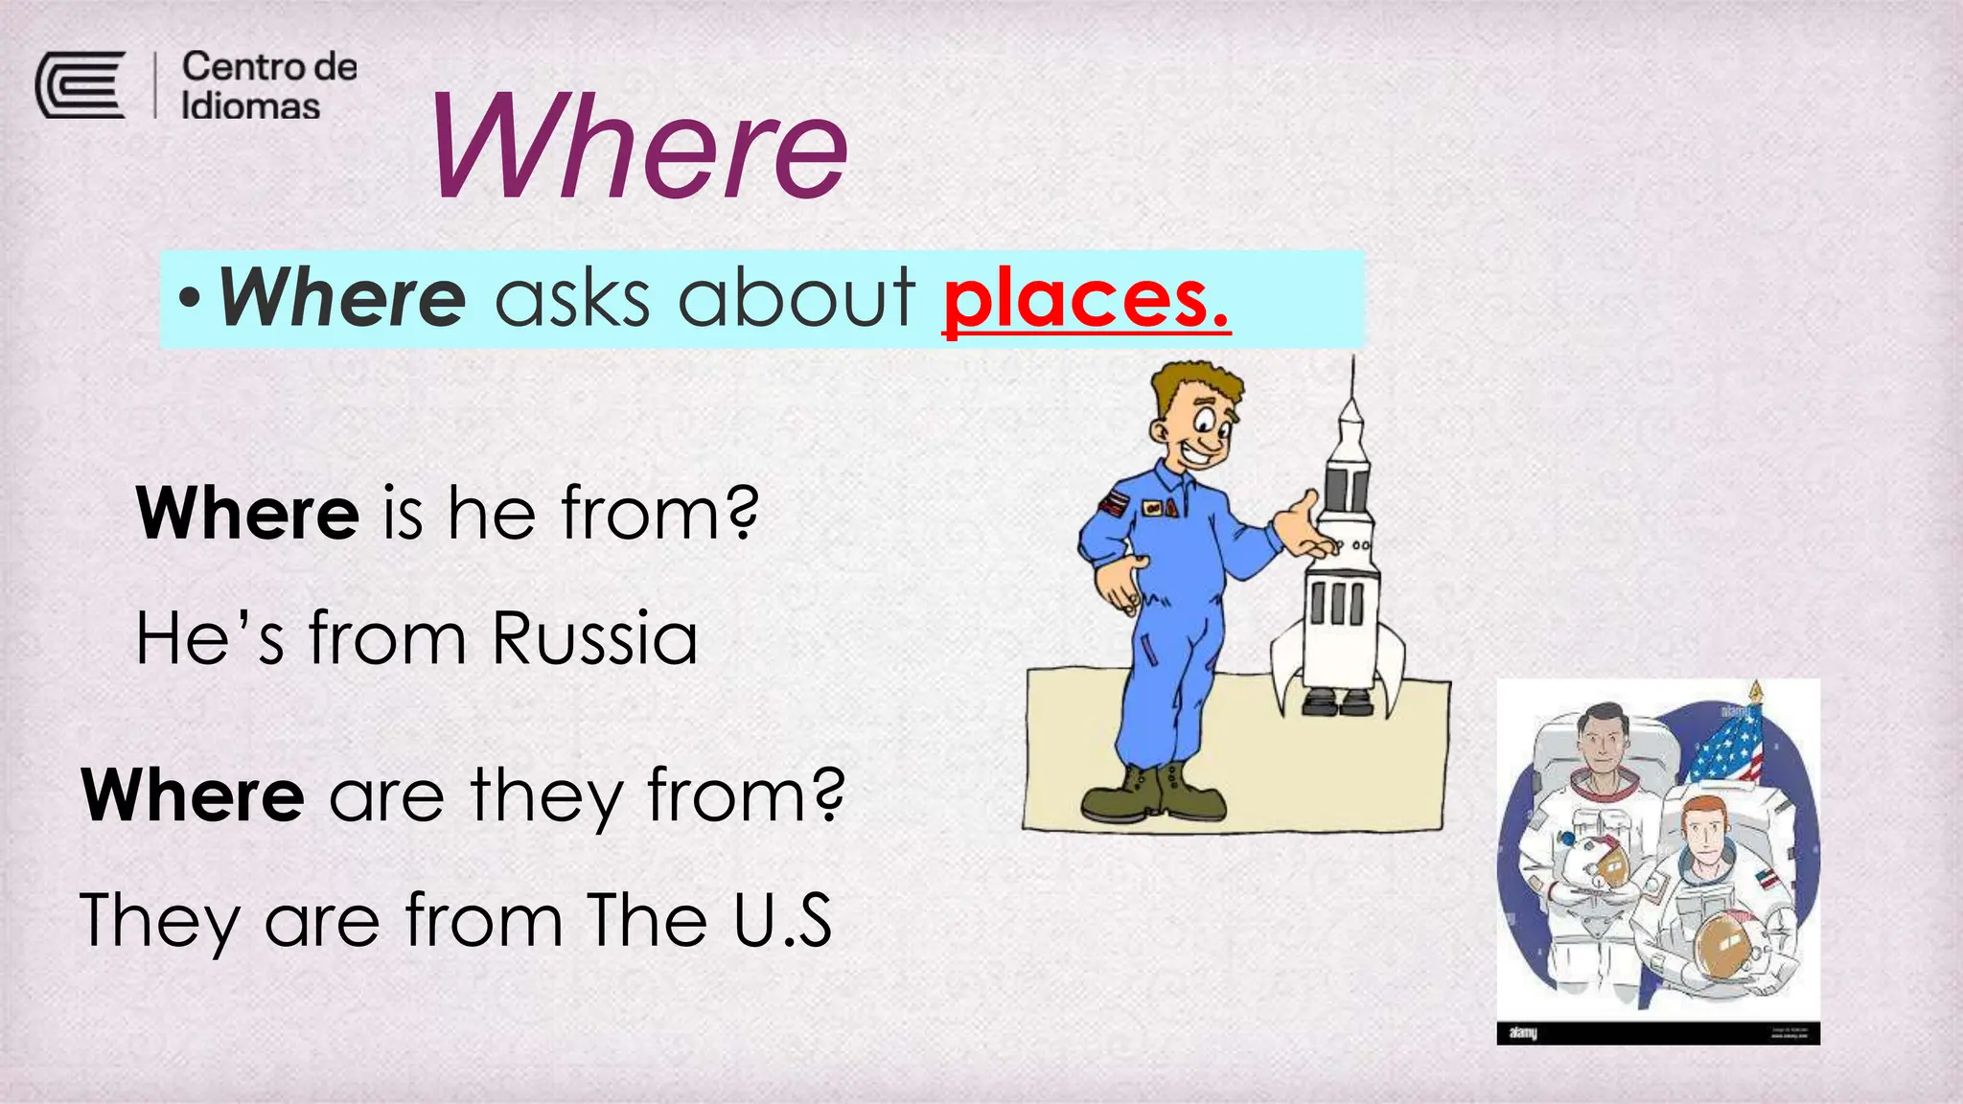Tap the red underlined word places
click(x=1085, y=300)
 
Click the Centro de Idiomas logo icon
click(x=81, y=85)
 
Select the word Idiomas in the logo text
click(x=250, y=106)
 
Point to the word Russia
click(x=594, y=638)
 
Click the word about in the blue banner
click(x=797, y=298)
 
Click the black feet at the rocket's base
click(x=1338, y=704)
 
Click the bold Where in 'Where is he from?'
click(x=247, y=514)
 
